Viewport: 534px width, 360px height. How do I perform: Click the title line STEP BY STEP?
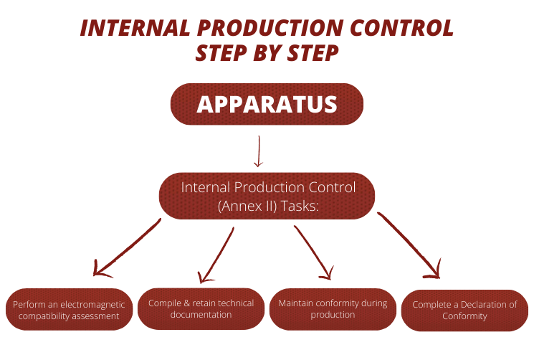click(267, 54)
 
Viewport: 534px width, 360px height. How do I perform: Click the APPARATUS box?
click(267, 104)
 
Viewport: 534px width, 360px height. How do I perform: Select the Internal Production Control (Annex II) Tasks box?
click(267, 196)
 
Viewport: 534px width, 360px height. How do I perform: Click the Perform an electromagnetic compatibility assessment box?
click(69, 310)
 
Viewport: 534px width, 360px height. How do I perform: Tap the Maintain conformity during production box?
click(333, 308)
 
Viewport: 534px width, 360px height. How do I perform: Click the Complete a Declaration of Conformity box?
click(464, 310)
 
